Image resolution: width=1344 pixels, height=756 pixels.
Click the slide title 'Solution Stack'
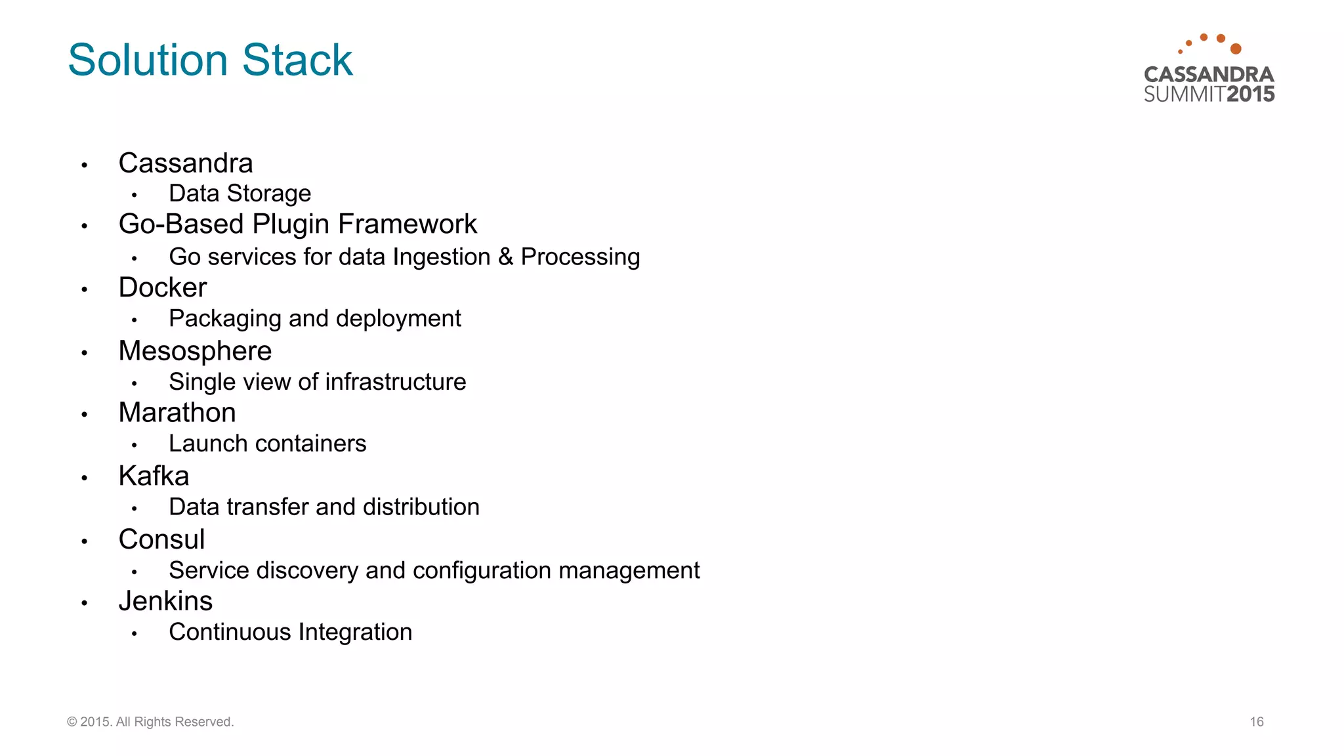(210, 60)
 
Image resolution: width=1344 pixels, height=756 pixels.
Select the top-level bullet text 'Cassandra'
(186, 163)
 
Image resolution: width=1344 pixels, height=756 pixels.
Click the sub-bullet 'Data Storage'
(240, 194)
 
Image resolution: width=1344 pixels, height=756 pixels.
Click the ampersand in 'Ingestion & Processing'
(505, 257)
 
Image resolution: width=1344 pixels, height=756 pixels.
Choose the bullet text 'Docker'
(163, 287)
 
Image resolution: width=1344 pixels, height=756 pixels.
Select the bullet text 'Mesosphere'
(195, 351)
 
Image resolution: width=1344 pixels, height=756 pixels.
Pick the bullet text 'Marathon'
(177, 413)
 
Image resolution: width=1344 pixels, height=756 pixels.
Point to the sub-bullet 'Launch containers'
(267, 444)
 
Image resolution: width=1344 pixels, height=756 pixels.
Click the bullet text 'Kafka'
(154, 476)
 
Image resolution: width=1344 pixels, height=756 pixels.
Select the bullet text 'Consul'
(161, 539)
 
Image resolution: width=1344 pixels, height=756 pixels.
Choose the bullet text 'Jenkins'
(165, 601)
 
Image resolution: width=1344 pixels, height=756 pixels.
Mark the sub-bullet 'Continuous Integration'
(290, 632)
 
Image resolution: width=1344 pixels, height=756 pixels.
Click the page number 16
(1256, 722)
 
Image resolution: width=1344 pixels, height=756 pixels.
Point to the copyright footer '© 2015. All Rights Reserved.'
(150, 722)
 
